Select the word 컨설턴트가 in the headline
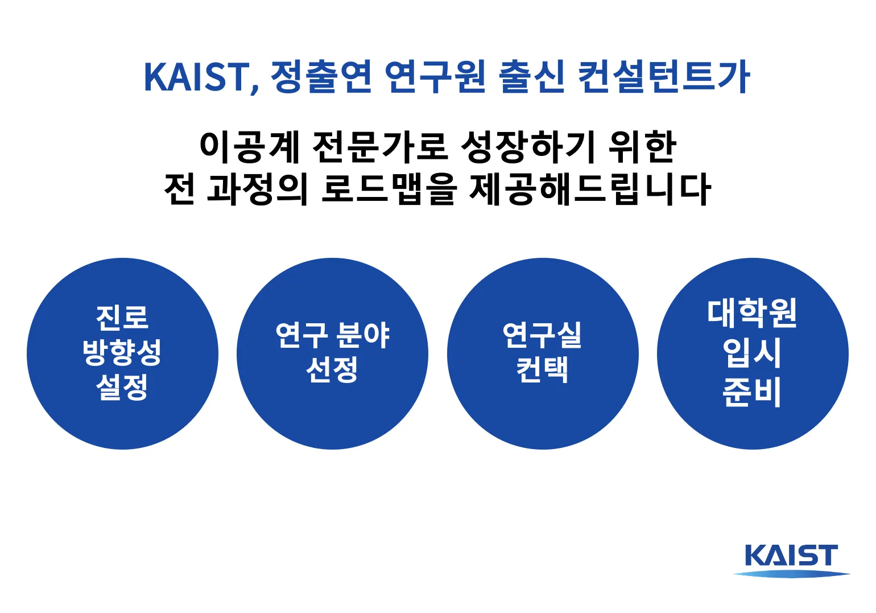point(664,77)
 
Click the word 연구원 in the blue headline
point(435,77)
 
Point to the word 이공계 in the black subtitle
point(249,146)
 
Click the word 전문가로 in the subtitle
point(379,146)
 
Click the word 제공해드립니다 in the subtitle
point(590,189)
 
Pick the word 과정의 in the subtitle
point(257,189)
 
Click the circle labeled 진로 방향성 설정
point(122,410)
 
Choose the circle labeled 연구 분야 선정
point(332,410)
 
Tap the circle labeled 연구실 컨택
point(543,410)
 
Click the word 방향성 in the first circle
point(122,353)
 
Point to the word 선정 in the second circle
point(332,371)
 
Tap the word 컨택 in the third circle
point(542,371)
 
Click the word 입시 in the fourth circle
point(752,353)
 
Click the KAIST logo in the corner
point(791,559)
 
